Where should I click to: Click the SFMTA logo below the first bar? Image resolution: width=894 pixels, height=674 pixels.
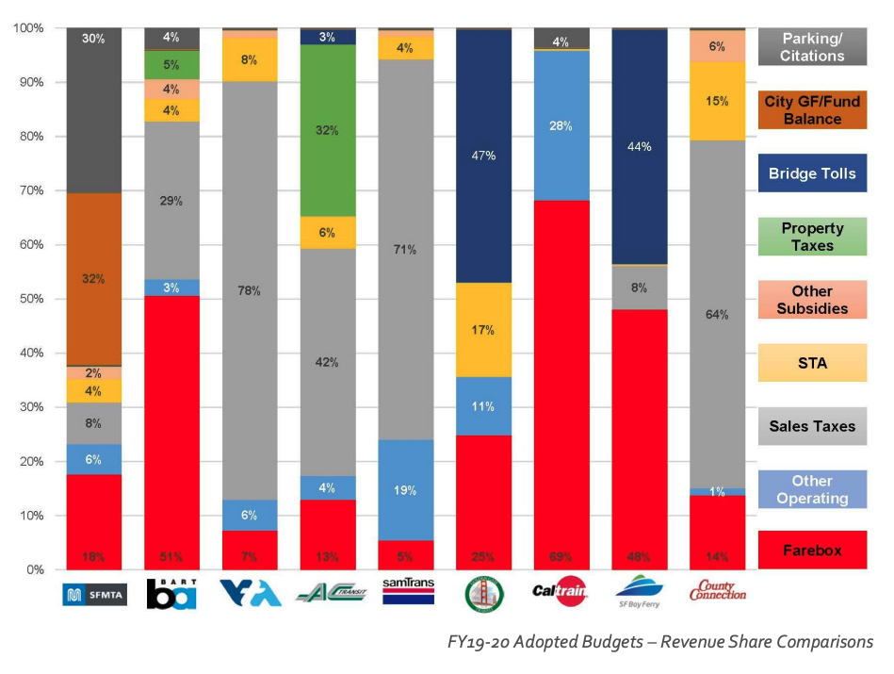(x=94, y=595)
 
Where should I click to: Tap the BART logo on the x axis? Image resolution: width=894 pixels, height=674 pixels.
(x=172, y=593)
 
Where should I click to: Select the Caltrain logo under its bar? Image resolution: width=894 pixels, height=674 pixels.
(x=561, y=593)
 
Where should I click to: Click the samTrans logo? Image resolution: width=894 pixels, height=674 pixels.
(x=406, y=592)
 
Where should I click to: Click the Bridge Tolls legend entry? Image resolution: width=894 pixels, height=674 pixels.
(x=811, y=173)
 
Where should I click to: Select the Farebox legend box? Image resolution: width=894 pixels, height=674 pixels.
(x=811, y=550)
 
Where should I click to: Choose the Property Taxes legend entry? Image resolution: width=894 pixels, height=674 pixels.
(x=811, y=236)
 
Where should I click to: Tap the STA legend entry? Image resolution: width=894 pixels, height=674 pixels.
(x=811, y=363)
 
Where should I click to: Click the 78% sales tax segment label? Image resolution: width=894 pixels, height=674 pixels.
(x=250, y=290)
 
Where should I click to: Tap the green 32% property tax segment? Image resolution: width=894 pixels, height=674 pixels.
(x=328, y=130)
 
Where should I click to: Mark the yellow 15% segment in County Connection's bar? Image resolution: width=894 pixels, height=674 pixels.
(x=717, y=101)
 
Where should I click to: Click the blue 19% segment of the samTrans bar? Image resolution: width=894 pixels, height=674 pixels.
(x=406, y=490)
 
